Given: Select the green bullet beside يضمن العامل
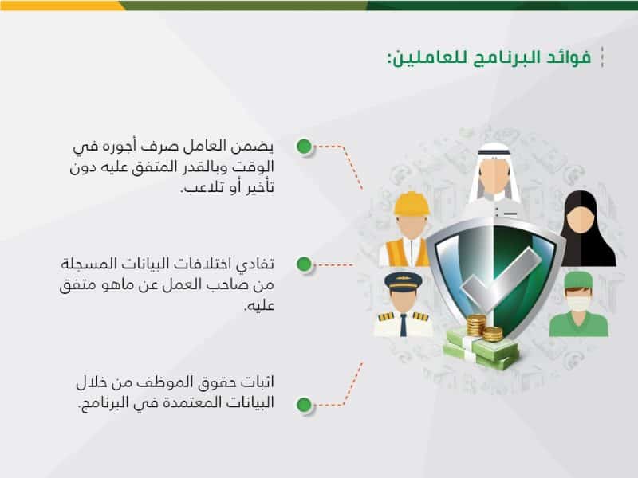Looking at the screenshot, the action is pyautogui.click(x=304, y=147).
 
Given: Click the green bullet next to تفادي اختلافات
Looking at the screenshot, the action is pyautogui.click(x=304, y=264).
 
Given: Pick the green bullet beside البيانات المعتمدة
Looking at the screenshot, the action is pyautogui.click(x=304, y=405).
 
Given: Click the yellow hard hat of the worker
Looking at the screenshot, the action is pyautogui.click(x=412, y=204).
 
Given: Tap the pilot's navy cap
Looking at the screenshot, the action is pyautogui.click(x=404, y=281).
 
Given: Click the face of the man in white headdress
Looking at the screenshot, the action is pyautogui.click(x=494, y=175).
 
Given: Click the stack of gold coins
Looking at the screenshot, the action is pyautogui.click(x=484, y=327).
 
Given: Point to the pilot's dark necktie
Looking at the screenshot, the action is pyautogui.click(x=403, y=325).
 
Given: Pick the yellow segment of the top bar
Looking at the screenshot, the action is pyautogui.click(x=61, y=6).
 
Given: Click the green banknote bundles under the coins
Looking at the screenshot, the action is pyautogui.click(x=481, y=349).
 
